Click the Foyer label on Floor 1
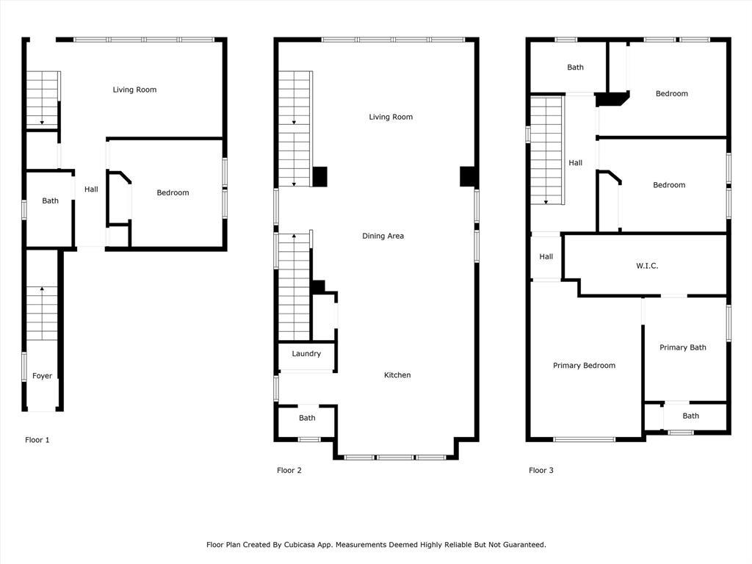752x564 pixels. tap(42, 376)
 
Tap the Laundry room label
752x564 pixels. tap(306, 354)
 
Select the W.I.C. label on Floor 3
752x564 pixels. tap(647, 266)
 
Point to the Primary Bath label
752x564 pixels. tap(683, 347)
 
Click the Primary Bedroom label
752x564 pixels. tap(584, 366)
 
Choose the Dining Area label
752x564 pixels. tap(383, 236)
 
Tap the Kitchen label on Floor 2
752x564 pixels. tap(397, 375)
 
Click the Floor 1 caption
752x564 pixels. tap(37, 440)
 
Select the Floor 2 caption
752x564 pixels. tap(289, 471)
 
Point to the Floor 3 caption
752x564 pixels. tap(541, 471)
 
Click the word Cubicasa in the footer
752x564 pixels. tap(300, 545)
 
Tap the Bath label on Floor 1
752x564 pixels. tap(51, 201)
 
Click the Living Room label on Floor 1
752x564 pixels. tap(135, 90)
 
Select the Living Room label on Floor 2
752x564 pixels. tap(391, 117)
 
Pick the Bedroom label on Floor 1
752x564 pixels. tap(173, 193)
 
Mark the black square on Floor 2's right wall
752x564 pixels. tap(468, 176)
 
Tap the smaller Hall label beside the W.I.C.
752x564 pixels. tap(546, 256)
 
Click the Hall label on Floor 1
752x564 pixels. tap(91, 189)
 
